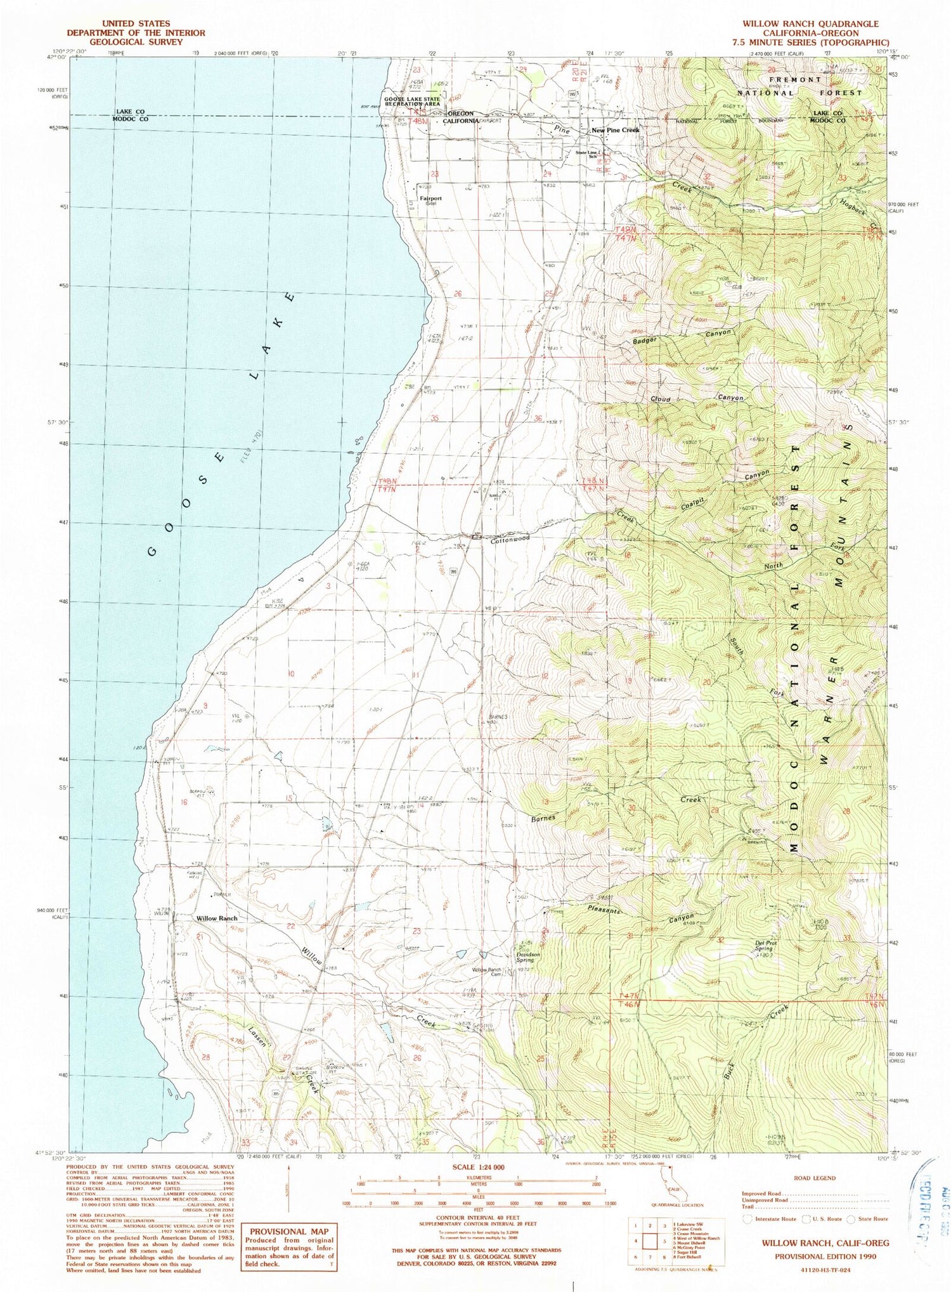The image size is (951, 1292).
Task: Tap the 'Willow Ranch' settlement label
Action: (217, 918)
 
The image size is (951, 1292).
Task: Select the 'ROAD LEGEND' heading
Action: (814, 1178)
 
